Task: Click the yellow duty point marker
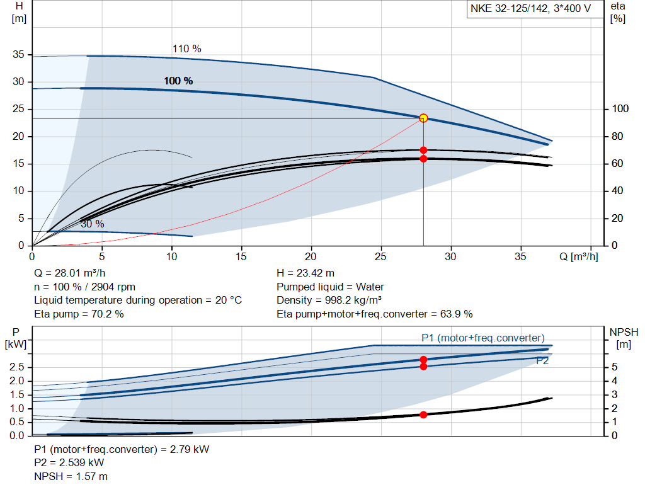(423, 118)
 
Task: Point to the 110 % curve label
(186, 49)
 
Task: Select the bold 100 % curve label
(178, 81)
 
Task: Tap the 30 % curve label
(92, 224)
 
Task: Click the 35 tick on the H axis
(18, 55)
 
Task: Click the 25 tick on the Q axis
(380, 256)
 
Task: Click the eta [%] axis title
(618, 12)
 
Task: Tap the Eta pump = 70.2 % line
(79, 313)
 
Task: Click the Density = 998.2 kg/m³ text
(329, 300)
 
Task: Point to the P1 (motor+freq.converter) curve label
(482, 338)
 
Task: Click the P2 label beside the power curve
(542, 360)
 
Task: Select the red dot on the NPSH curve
(423, 415)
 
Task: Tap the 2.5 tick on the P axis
(18, 367)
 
